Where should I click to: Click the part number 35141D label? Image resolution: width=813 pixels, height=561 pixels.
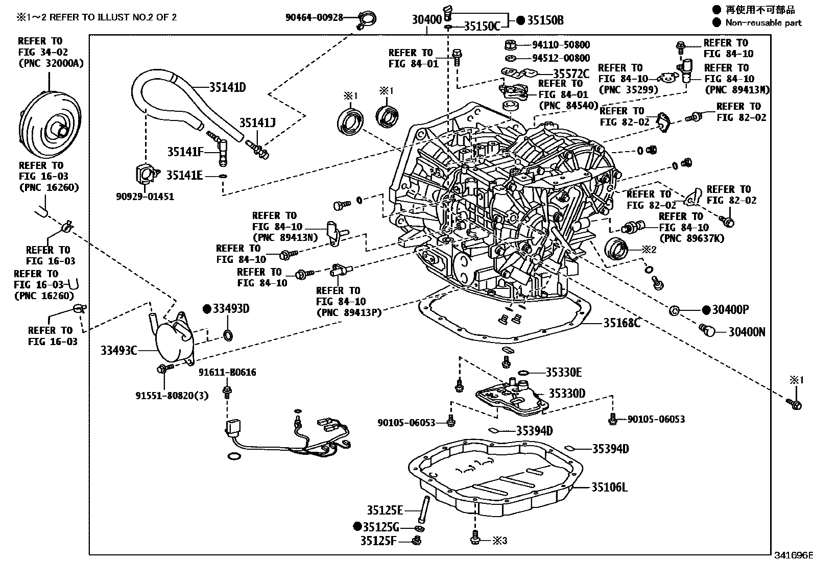(227, 87)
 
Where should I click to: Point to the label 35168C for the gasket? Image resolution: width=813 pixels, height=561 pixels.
(621, 323)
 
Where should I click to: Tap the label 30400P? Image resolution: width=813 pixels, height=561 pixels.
(731, 310)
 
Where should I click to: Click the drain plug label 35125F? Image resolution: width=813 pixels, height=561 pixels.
(378, 541)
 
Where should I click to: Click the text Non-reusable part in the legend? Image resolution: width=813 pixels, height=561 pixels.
(763, 22)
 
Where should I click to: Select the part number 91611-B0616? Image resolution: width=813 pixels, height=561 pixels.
(227, 372)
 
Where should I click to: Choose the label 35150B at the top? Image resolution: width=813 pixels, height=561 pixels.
(545, 20)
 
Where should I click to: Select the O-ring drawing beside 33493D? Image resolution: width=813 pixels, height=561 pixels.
(228, 335)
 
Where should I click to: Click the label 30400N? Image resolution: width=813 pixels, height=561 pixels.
(747, 332)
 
